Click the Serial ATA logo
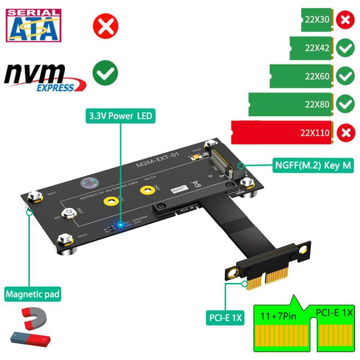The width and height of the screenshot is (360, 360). pos(33,25)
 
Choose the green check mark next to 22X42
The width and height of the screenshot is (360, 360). pos(345,48)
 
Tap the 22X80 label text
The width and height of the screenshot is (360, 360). pos(317,103)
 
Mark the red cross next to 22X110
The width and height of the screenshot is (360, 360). pos(345,133)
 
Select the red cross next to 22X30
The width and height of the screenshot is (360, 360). pos(345,20)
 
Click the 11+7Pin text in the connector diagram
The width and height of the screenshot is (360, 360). pos(280,317)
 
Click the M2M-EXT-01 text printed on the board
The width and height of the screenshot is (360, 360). pos(158,161)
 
